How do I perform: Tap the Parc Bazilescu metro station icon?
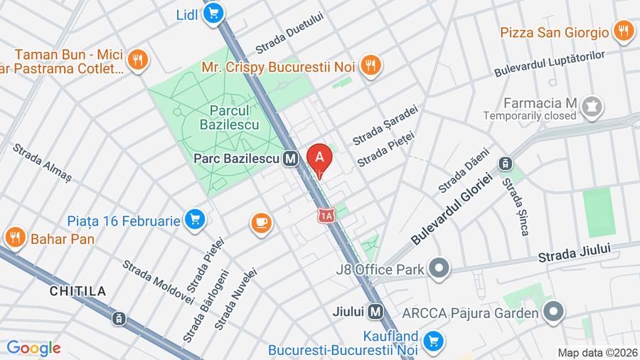289,159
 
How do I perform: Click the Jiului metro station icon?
376,312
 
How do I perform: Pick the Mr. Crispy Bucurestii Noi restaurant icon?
370,66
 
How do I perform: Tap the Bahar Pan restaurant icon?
14,238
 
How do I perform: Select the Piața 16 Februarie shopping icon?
195,221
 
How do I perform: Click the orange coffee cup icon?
261,223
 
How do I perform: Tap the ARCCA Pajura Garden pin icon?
553,312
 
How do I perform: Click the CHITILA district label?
78,291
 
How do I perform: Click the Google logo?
33,348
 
